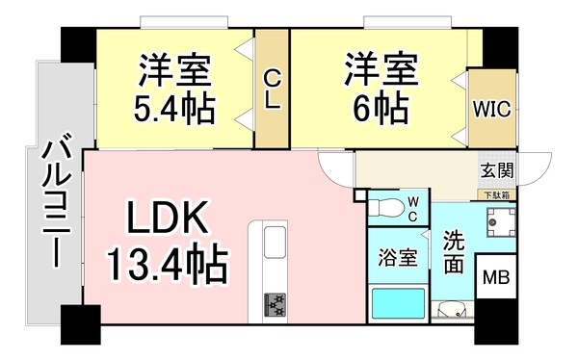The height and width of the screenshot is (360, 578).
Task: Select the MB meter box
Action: click(496, 279)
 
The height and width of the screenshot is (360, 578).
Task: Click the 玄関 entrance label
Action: click(497, 170)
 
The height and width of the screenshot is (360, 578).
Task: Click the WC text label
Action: click(411, 208)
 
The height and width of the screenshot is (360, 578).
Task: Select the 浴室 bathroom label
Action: click(396, 257)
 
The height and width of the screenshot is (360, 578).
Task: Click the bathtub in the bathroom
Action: click(398, 306)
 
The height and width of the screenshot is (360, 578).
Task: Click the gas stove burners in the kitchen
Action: click(275, 305)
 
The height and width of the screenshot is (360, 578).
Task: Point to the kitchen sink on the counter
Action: click(273, 243)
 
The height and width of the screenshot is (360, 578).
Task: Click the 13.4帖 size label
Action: click(166, 261)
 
